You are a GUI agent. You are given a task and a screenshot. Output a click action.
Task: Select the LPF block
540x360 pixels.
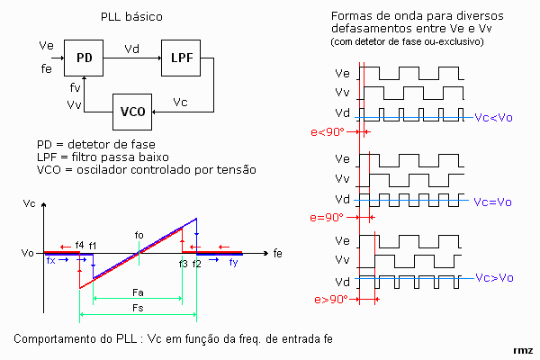click(x=179, y=57)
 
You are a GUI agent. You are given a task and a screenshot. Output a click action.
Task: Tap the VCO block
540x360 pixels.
click(x=132, y=111)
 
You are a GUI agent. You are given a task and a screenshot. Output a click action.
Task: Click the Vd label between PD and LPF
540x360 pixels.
click(x=131, y=49)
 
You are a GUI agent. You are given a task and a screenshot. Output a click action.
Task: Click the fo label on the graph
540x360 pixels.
click(x=139, y=236)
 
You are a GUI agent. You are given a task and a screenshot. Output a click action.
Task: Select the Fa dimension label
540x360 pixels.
click(x=138, y=292)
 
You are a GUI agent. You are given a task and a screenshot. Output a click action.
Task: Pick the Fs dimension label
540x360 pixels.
click(x=138, y=309)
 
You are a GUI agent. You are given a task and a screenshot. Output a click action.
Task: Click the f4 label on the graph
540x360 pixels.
click(x=79, y=245)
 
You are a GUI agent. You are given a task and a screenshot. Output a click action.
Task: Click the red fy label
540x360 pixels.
click(x=233, y=262)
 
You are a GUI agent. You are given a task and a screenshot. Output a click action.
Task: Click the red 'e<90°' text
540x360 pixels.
click(x=325, y=132)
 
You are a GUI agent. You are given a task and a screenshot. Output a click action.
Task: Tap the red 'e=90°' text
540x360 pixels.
click(x=326, y=217)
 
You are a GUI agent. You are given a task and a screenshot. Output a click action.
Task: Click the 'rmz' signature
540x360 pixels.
click(x=522, y=349)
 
